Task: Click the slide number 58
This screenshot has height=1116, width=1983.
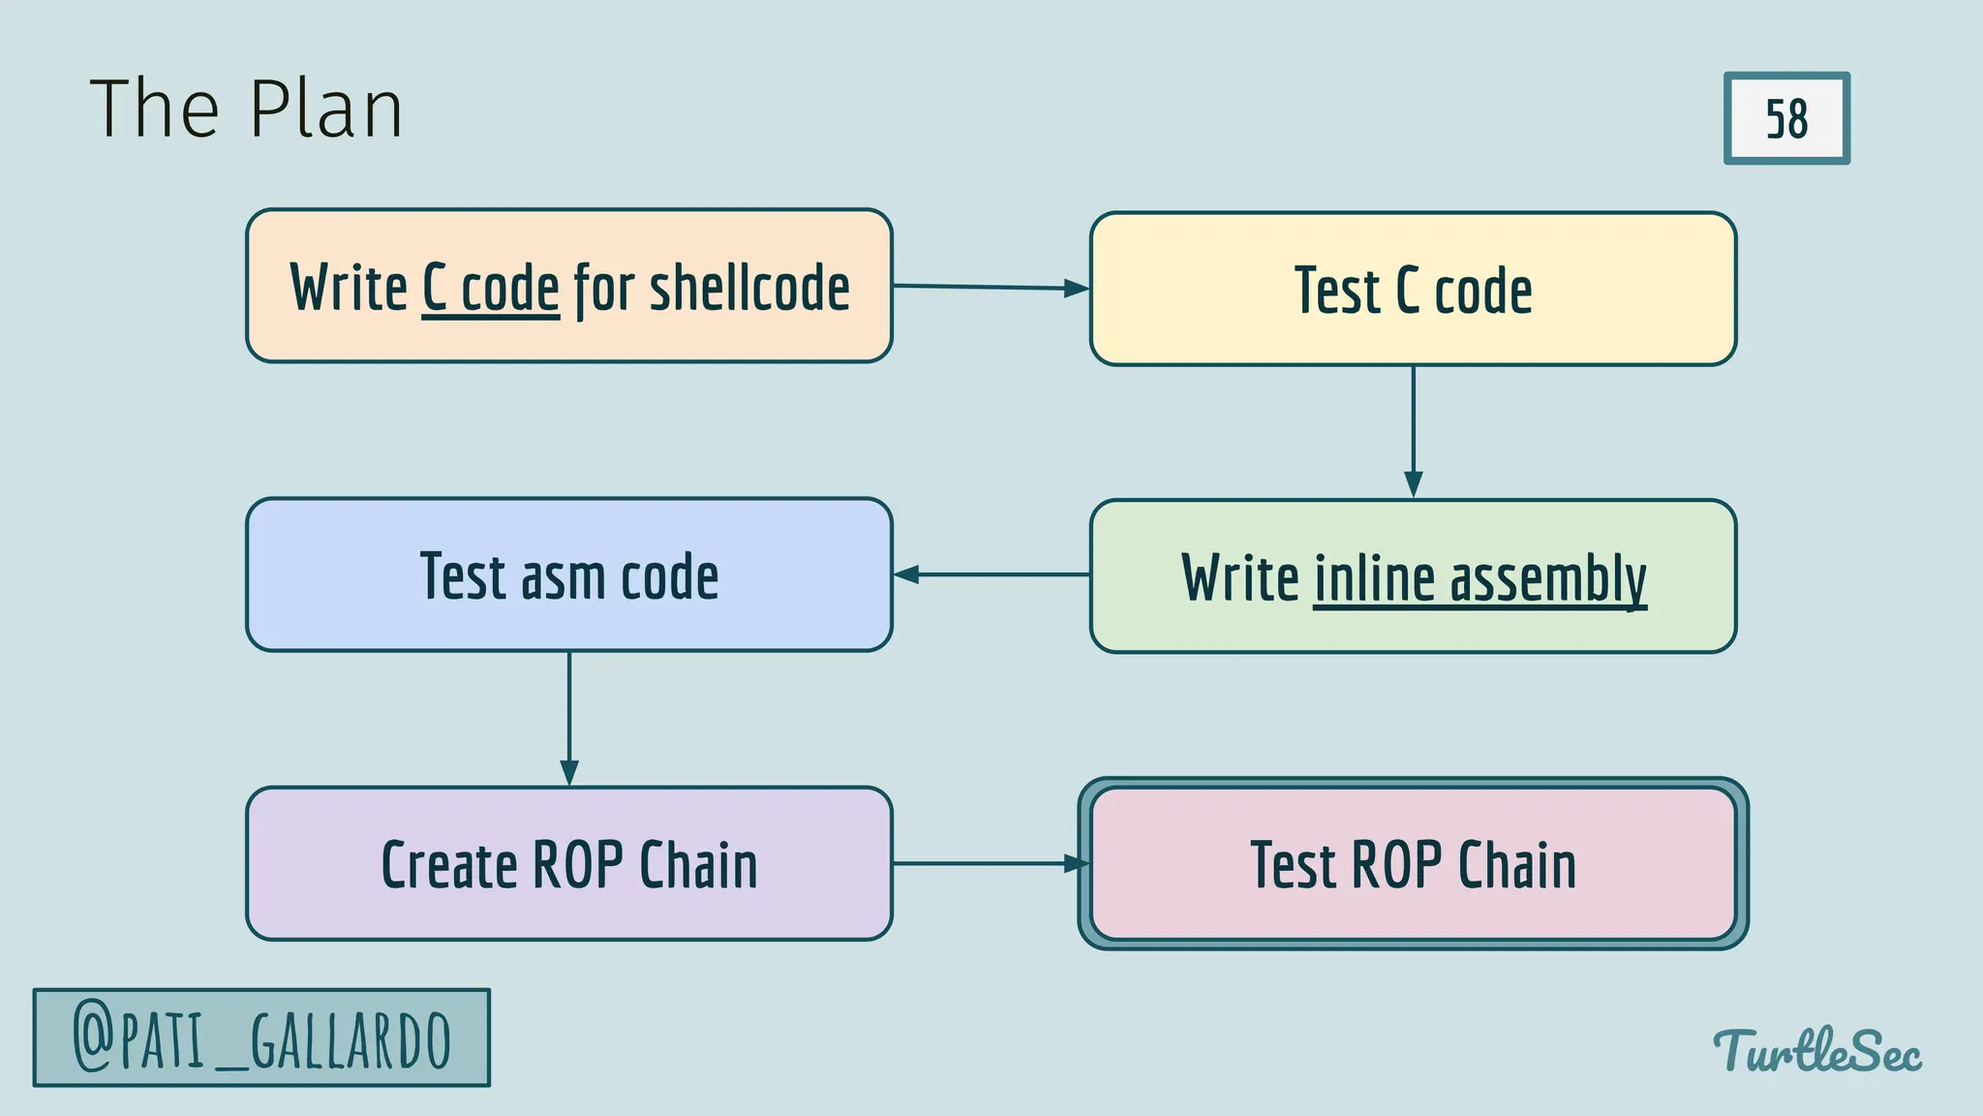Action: coord(1786,118)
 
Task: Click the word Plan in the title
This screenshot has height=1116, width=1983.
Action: coord(325,109)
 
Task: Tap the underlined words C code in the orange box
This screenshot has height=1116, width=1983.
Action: coord(491,288)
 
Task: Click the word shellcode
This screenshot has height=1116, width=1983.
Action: coord(749,288)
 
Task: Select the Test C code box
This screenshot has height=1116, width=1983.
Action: coord(1413,290)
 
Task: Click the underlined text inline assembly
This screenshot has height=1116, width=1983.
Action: coord(1480,578)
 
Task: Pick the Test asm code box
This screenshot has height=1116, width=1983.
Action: coord(569,575)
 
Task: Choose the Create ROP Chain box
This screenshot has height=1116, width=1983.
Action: coord(569,864)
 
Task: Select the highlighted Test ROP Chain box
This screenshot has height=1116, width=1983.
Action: coord(1413,864)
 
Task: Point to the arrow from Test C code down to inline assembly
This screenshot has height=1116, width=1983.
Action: coord(1413,431)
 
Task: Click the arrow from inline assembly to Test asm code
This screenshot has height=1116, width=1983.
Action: coord(990,574)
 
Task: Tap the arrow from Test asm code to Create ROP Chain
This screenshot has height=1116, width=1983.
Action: coord(569,718)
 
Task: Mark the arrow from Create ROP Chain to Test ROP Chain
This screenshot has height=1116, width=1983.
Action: coord(988,863)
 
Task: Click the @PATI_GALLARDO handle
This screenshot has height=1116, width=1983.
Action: coord(261,1038)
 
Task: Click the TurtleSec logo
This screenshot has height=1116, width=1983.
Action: coord(1817,1051)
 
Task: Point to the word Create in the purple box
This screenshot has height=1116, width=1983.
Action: coord(448,864)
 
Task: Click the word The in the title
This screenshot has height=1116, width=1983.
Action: coord(155,109)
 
